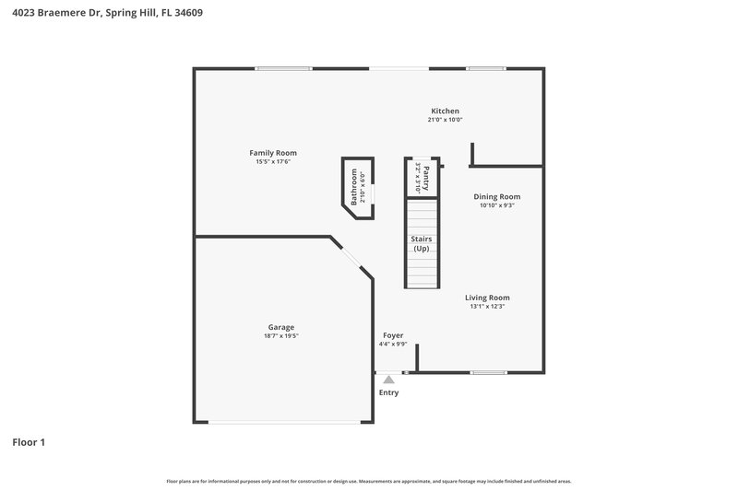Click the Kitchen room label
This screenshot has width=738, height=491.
click(444, 111)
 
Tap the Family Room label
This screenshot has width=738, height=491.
click(273, 152)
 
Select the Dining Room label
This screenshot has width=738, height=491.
click(497, 196)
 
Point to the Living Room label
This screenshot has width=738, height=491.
click(487, 298)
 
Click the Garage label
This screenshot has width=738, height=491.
click(281, 327)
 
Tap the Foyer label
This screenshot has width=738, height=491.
click(393, 335)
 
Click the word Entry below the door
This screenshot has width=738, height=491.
click(389, 392)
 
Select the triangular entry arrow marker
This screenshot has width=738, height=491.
click(389, 379)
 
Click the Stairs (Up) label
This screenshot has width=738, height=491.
click(421, 244)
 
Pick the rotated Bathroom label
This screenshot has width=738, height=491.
click(352, 188)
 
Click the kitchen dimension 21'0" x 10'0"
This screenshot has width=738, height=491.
click(444, 120)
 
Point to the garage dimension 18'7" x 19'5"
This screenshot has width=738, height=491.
click(281, 336)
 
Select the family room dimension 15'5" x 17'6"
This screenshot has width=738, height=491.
click(273, 162)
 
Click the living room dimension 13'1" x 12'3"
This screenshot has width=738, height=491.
click(487, 307)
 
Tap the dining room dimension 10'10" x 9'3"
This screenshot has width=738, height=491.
click(497, 205)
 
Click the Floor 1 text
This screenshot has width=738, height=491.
click(29, 442)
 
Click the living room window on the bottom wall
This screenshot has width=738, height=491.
click(488, 372)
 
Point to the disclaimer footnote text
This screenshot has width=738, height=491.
click(369, 481)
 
